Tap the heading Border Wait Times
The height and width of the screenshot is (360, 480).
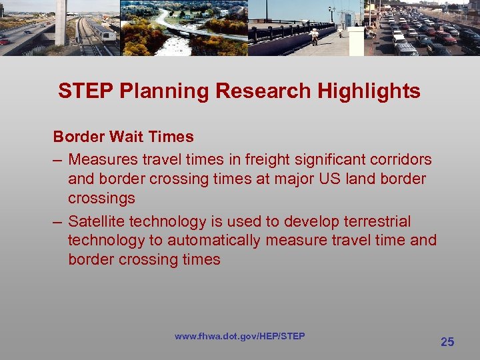tap(123, 137)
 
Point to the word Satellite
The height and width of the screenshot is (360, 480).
tap(96, 221)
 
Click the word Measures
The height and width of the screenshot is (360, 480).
tap(99, 160)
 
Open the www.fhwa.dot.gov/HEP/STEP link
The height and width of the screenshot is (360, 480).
tap(239, 336)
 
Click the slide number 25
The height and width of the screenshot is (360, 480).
tap(447, 342)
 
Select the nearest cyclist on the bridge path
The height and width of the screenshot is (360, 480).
tap(313, 35)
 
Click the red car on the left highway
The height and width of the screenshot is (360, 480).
tap(5, 41)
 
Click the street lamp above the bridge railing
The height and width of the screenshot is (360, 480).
tap(331, 11)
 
